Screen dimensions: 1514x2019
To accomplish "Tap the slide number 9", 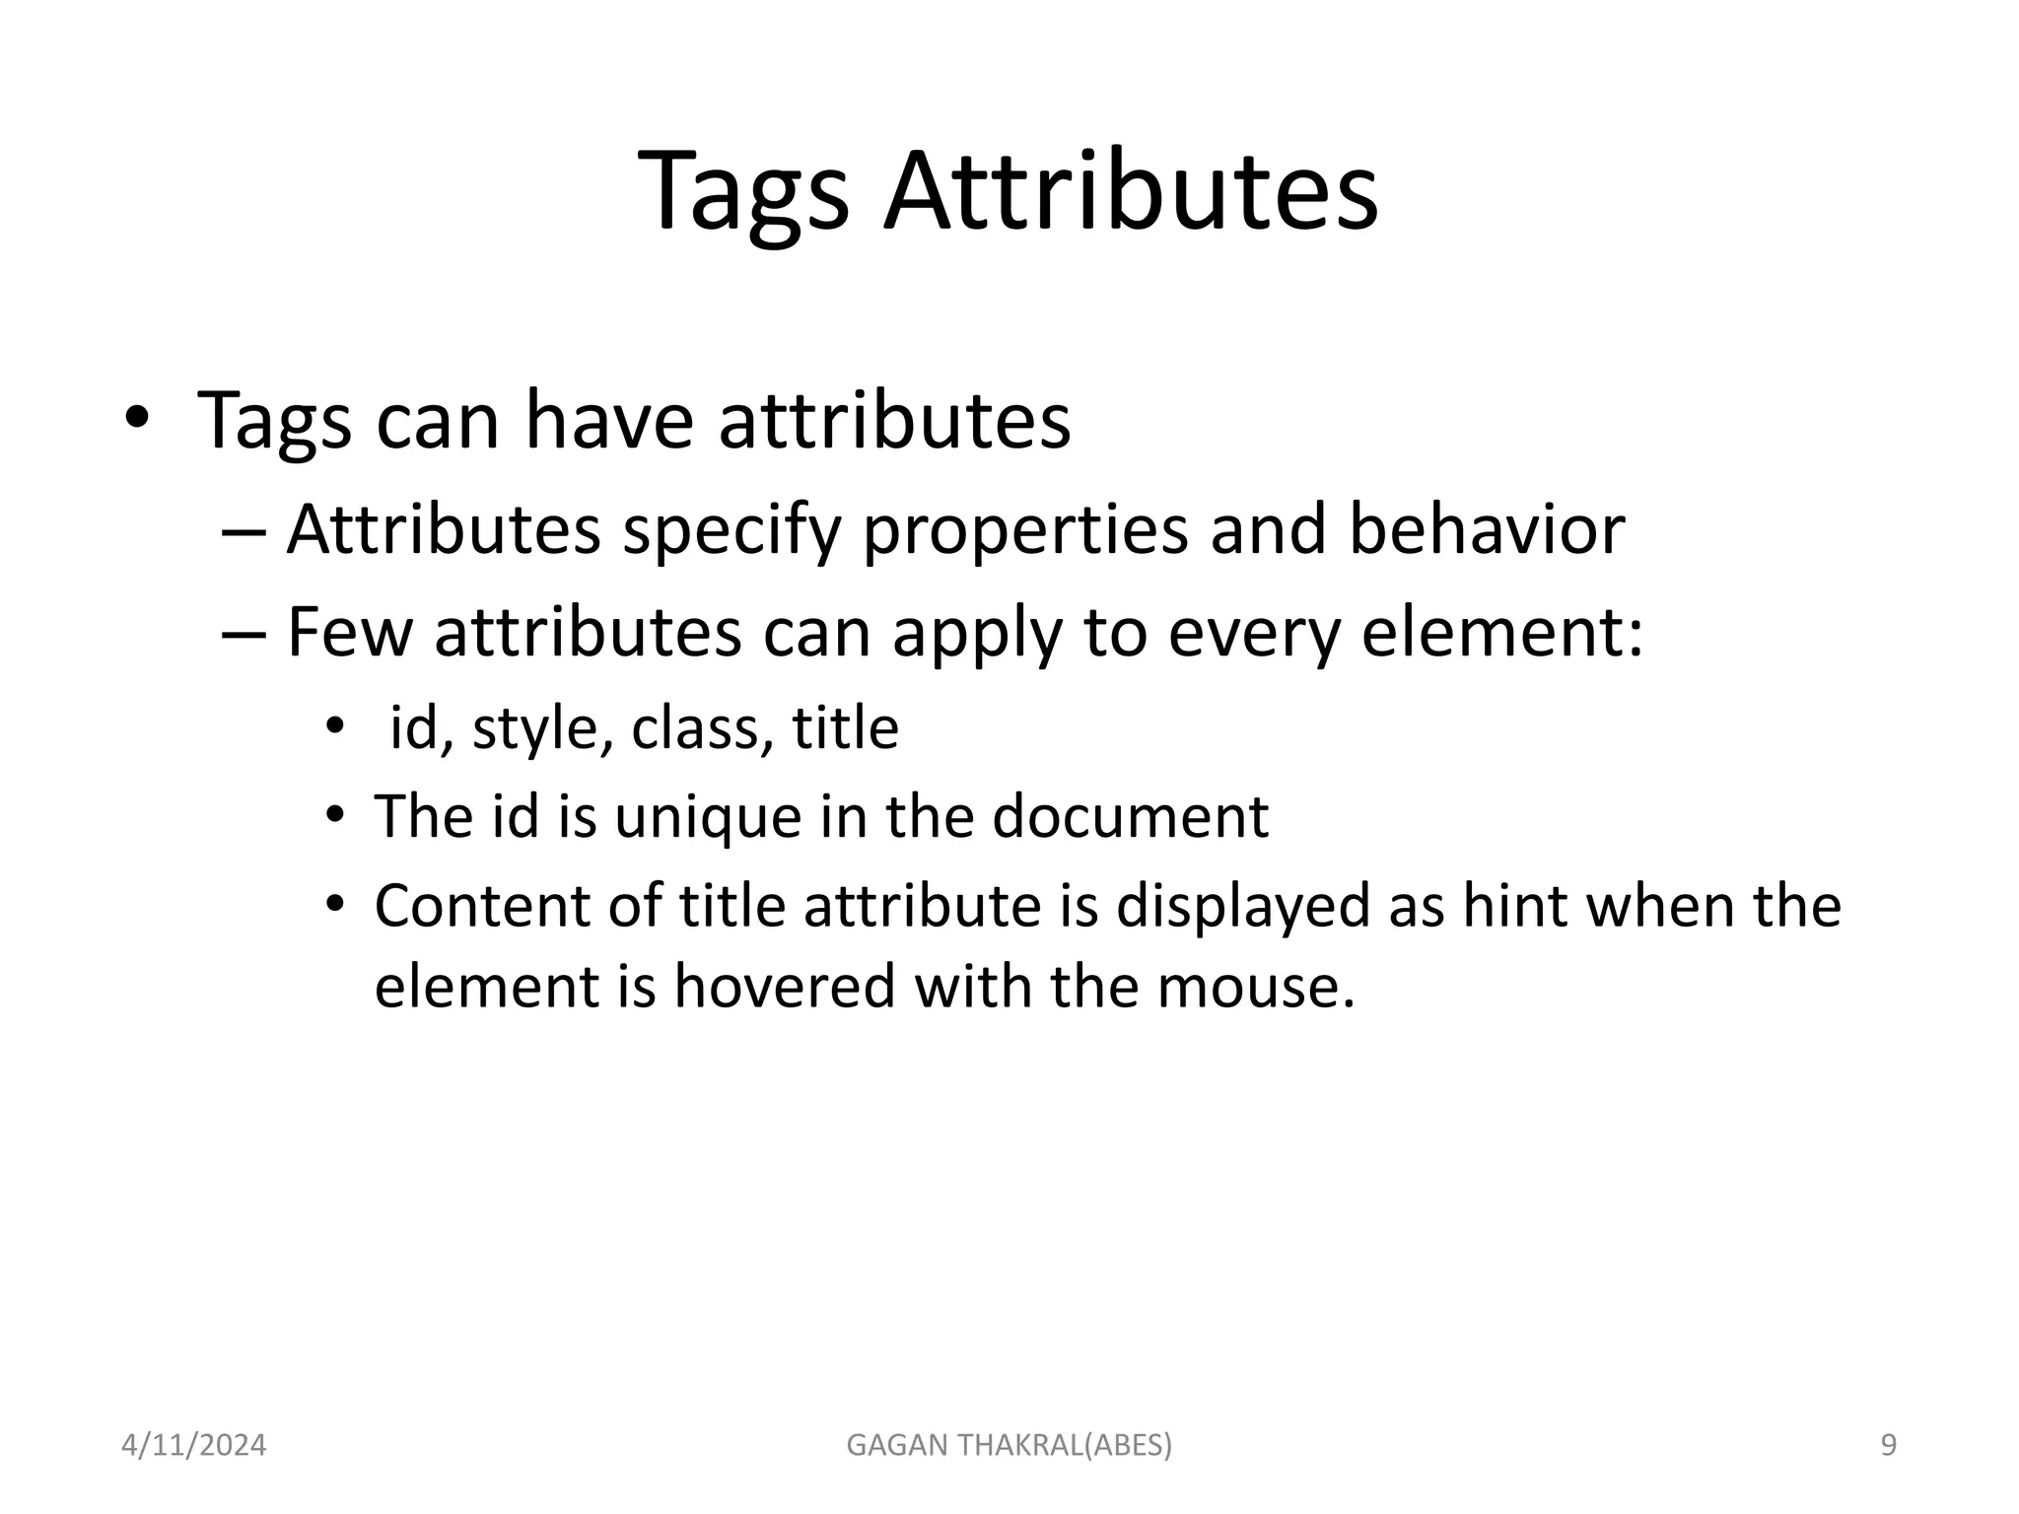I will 1888,1445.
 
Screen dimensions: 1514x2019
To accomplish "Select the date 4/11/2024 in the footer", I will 193,1445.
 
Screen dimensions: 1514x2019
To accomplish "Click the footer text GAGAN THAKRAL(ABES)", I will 1009,1445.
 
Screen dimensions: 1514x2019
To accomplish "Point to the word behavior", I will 1486,530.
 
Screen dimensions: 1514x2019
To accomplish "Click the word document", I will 1130,816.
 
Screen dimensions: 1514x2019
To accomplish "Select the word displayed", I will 1242,907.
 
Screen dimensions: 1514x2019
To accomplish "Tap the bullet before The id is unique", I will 335,817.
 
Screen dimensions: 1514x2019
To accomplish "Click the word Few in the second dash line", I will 349,633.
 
